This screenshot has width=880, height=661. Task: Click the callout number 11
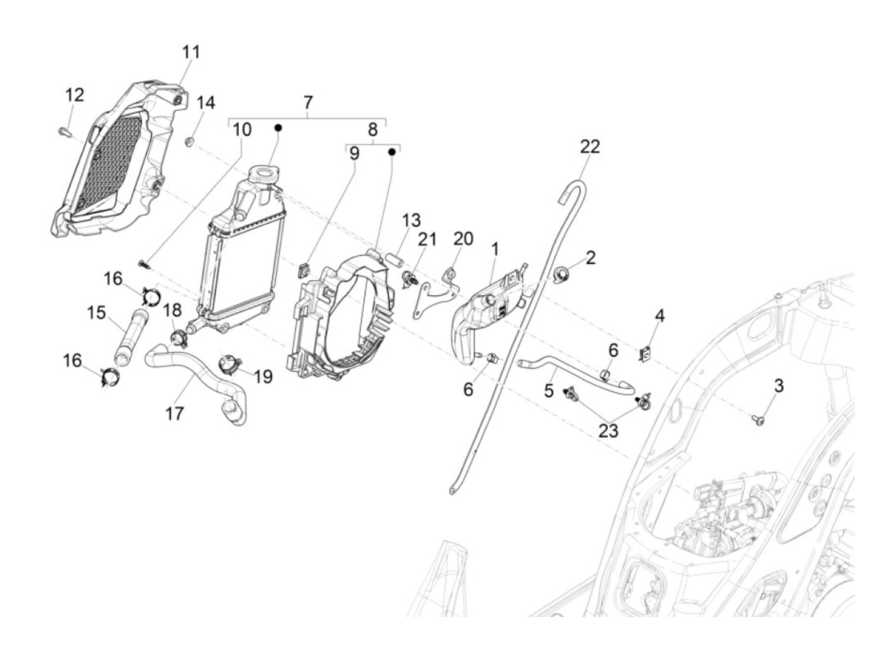[191, 52]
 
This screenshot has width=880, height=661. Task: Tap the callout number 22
[590, 146]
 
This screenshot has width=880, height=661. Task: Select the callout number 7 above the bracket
[308, 102]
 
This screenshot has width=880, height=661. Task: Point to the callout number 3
[778, 386]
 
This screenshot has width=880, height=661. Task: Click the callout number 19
[263, 376]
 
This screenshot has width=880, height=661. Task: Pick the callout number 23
[608, 430]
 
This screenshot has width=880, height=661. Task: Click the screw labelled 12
[63, 131]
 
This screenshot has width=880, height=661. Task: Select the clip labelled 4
[645, 354]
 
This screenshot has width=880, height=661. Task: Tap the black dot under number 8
[392, 151]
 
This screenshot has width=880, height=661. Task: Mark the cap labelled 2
[562, 273]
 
